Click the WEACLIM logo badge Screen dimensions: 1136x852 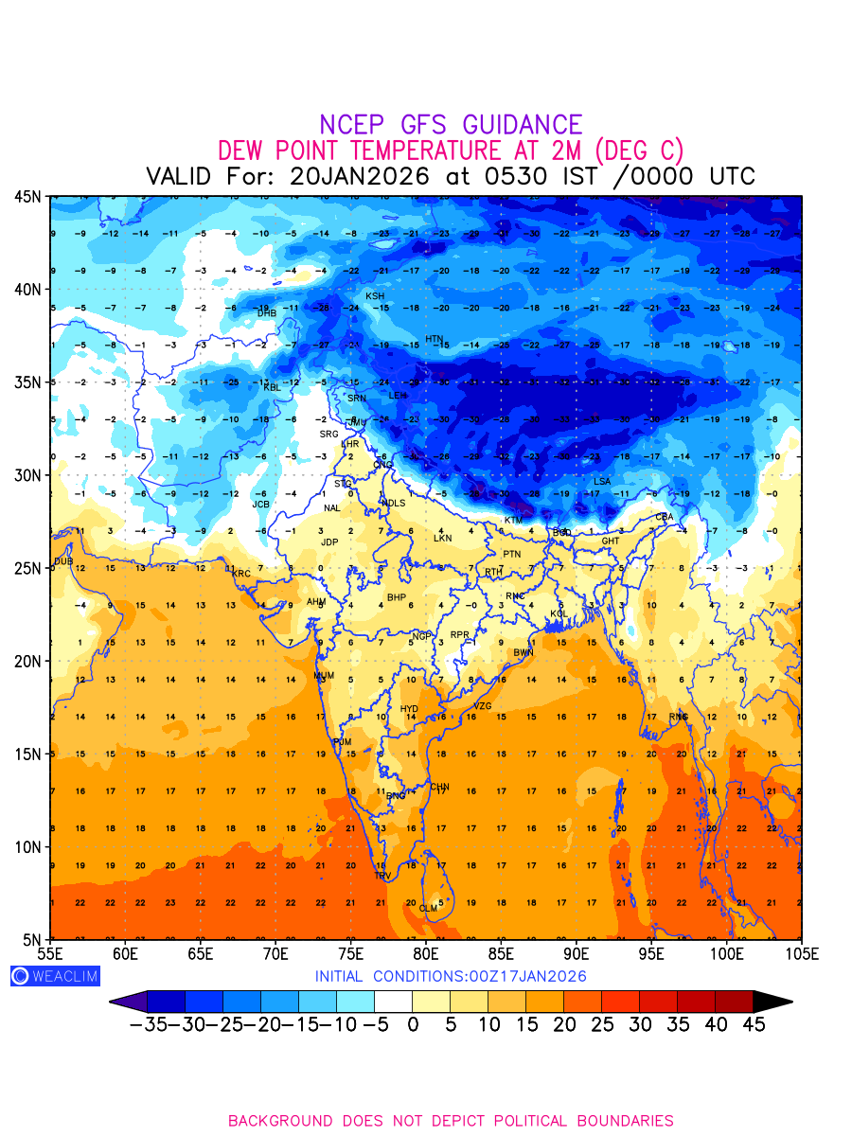(55, 976)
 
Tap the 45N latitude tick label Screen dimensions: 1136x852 (27, 196)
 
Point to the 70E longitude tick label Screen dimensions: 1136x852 (275, 953)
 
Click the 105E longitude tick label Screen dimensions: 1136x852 (802, 953)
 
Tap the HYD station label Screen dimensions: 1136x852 (409, 709)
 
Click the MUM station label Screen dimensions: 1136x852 (324, 676)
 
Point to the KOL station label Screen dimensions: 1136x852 (559, 614)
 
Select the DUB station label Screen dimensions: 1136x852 (63, 561)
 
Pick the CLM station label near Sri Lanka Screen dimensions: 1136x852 (429, 909)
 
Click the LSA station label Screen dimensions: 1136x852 (602, 482)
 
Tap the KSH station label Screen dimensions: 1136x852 (375, 296)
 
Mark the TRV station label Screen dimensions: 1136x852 (382, 876)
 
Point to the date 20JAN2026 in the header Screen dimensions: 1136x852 (360, 176)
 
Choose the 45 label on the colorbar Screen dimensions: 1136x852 (754, 1024)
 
